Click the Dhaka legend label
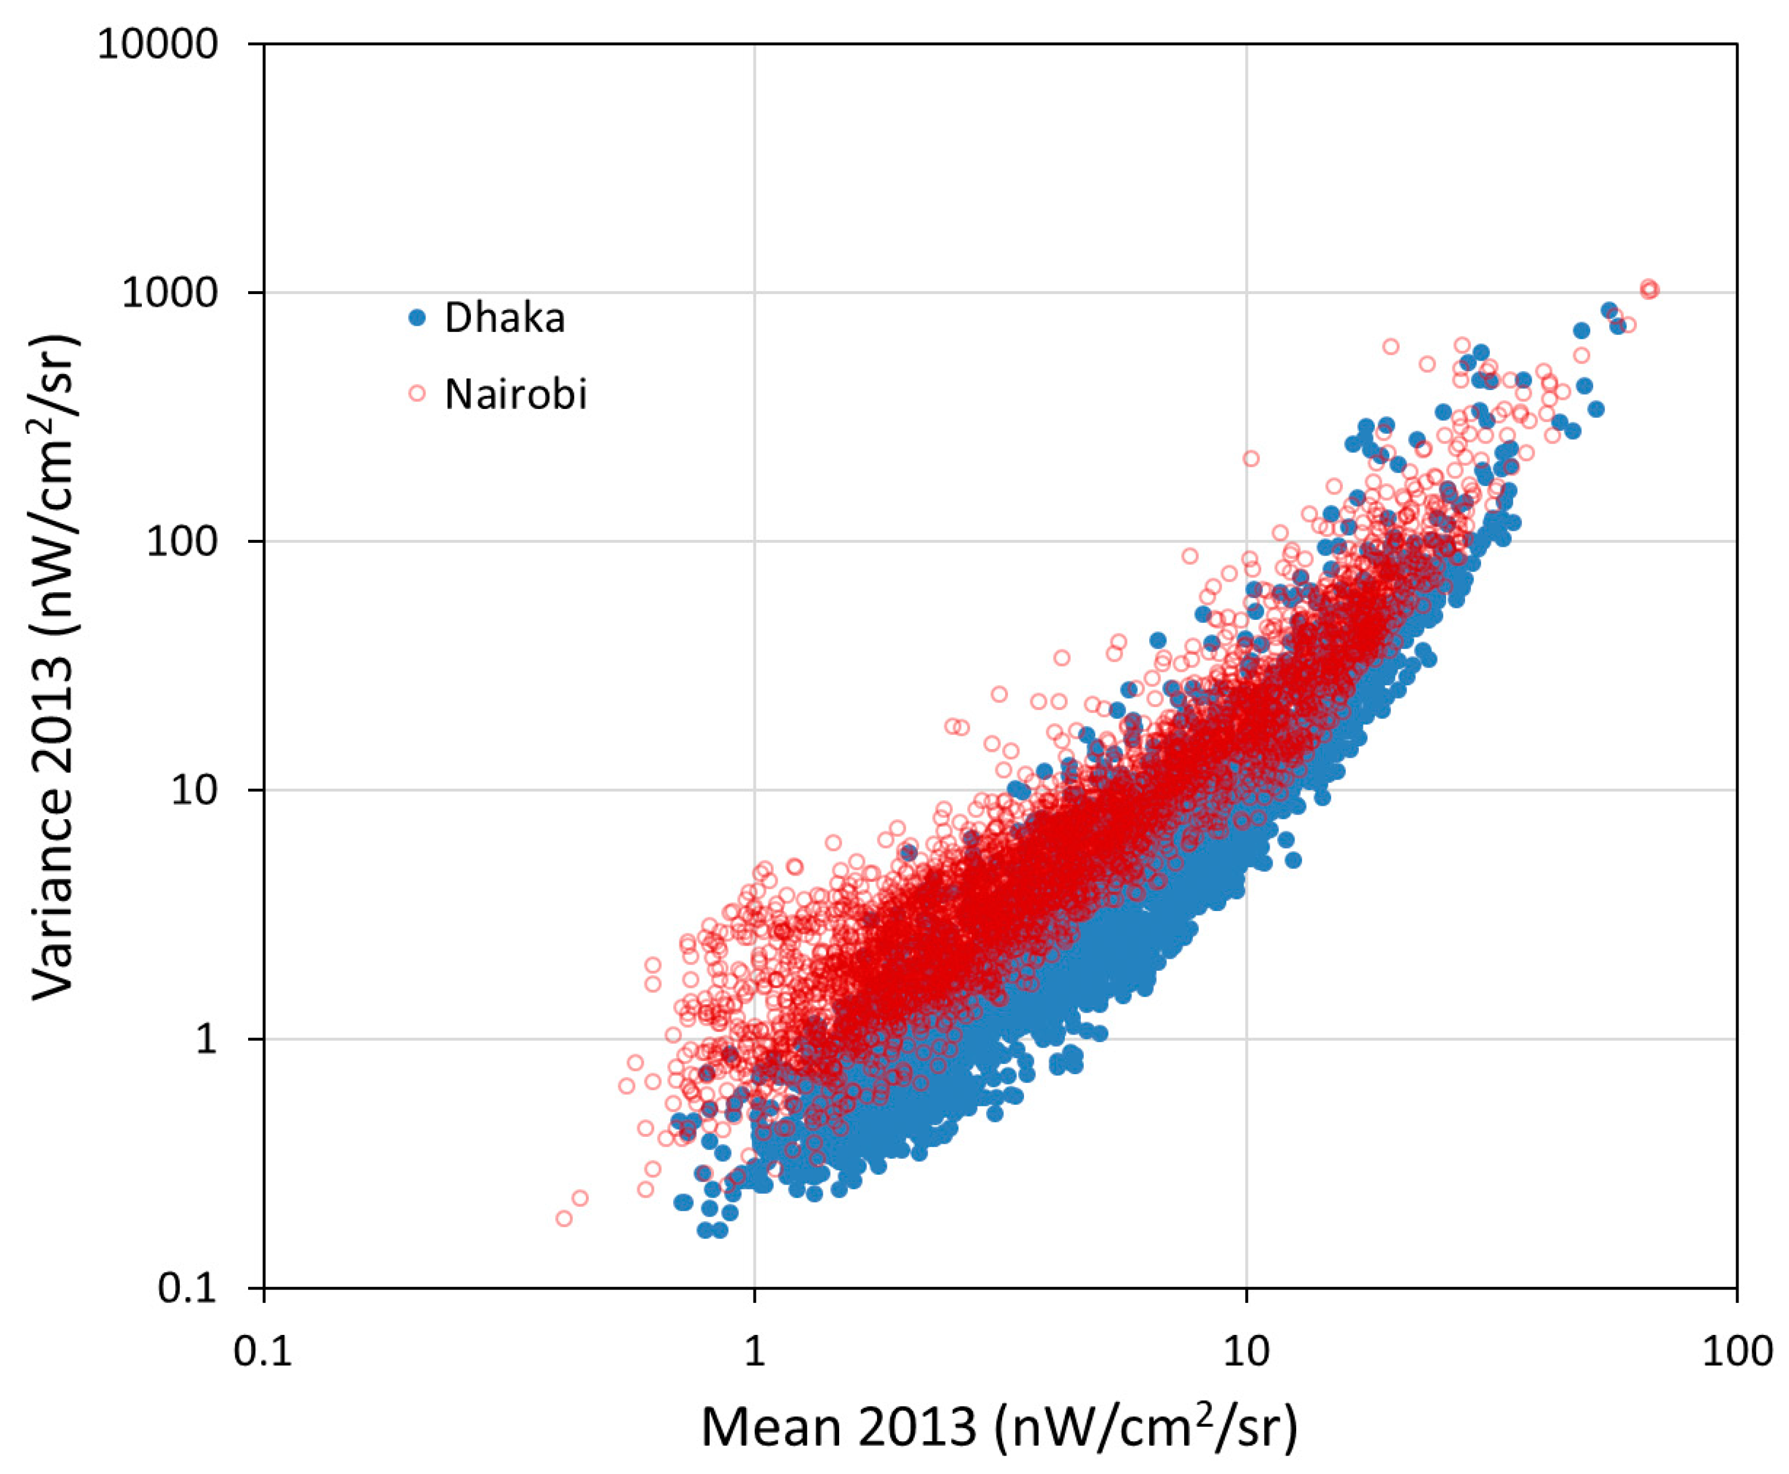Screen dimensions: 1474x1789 [x=504, y=318]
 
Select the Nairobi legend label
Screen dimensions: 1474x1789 [x=515, y=394]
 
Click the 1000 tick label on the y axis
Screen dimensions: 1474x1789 [x=170, y=293]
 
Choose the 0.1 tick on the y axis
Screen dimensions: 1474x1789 [x=188, y=1288]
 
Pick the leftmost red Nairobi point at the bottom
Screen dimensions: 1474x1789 [x=563, y=1218]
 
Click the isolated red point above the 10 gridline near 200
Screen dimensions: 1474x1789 [x=1251, y=458]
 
